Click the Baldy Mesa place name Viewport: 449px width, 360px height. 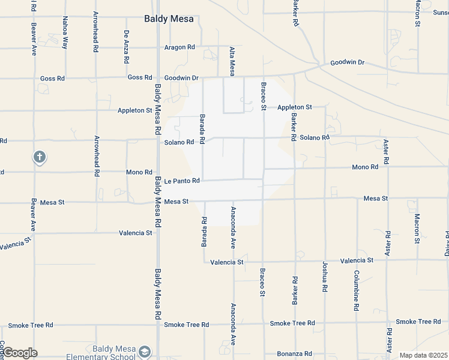(x=169, y=19)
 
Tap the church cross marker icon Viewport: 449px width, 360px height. (x=39, y=158)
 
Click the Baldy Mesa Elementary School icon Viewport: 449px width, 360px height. (x=144, y=352)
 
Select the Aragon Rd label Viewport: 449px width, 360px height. (x=179, y=47)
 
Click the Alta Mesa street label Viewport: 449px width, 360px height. (x=232, y=62)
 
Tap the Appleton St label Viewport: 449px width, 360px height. (x=294, y=107)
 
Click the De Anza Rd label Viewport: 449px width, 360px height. (x=126, y=48)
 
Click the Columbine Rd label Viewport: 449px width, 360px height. (x=356, y=290)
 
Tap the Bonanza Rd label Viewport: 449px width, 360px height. (x=294, y=354)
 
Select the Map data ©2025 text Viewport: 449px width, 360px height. (x=423, y=355)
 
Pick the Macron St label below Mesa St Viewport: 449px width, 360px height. (x=417, y=228)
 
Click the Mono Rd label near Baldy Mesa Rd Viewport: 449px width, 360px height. (x=139, y=172)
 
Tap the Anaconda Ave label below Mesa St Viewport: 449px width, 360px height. (x=233, y=228)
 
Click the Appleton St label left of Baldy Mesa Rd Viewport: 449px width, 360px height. (x=135, y=110)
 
